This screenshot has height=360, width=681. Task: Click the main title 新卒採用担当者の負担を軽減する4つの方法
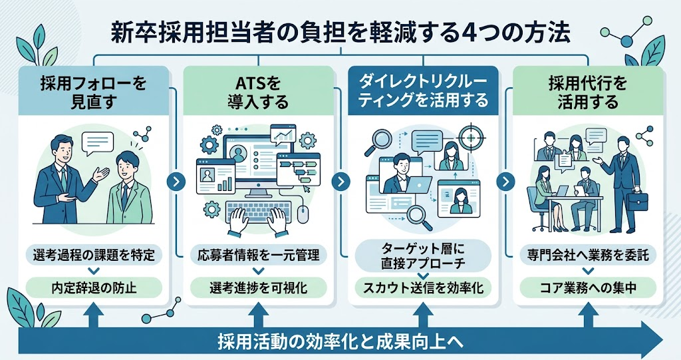point(340,33)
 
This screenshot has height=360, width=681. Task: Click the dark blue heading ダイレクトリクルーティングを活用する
point(423,91)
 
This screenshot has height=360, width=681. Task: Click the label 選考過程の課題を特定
point(94,255)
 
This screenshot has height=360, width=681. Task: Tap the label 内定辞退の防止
point(94,288)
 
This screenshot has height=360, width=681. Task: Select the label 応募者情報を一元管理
point(259,255)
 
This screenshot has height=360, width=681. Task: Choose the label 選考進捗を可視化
point(259,288)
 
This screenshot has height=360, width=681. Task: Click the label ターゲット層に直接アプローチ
point(423,256)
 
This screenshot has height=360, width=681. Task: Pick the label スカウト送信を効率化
point(423,288)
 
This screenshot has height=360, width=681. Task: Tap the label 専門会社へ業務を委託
point(588,255)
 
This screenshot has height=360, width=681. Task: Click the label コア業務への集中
point(588,288)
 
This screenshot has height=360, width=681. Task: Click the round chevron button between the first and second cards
point(176,182)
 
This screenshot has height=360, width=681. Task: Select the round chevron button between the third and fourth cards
point(505,182)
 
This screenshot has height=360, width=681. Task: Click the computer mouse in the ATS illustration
point(303,214)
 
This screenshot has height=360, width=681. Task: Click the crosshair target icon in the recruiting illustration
point(471,137)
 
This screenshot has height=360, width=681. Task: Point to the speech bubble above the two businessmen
point(98,143)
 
